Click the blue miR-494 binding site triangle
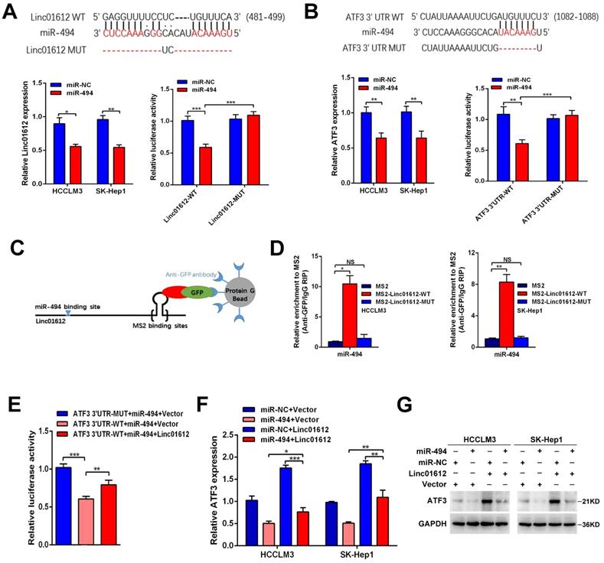point(68,312)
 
